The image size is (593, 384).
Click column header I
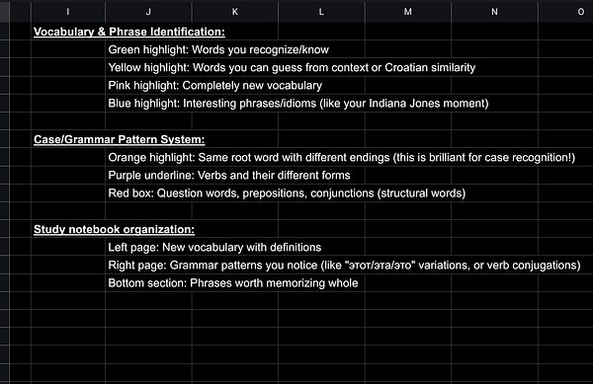(x=67, y=11)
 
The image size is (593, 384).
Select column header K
(x=235, y=11)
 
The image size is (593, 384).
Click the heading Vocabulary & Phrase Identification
(x=129, y=32)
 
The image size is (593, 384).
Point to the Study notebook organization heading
(x=115, y=229)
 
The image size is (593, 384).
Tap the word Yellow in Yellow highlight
(x=127, y=67)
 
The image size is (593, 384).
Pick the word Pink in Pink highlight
(x=122, y=85)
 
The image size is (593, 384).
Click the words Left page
(x=133, y=247)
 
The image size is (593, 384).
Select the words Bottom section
(x=148, y=282)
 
